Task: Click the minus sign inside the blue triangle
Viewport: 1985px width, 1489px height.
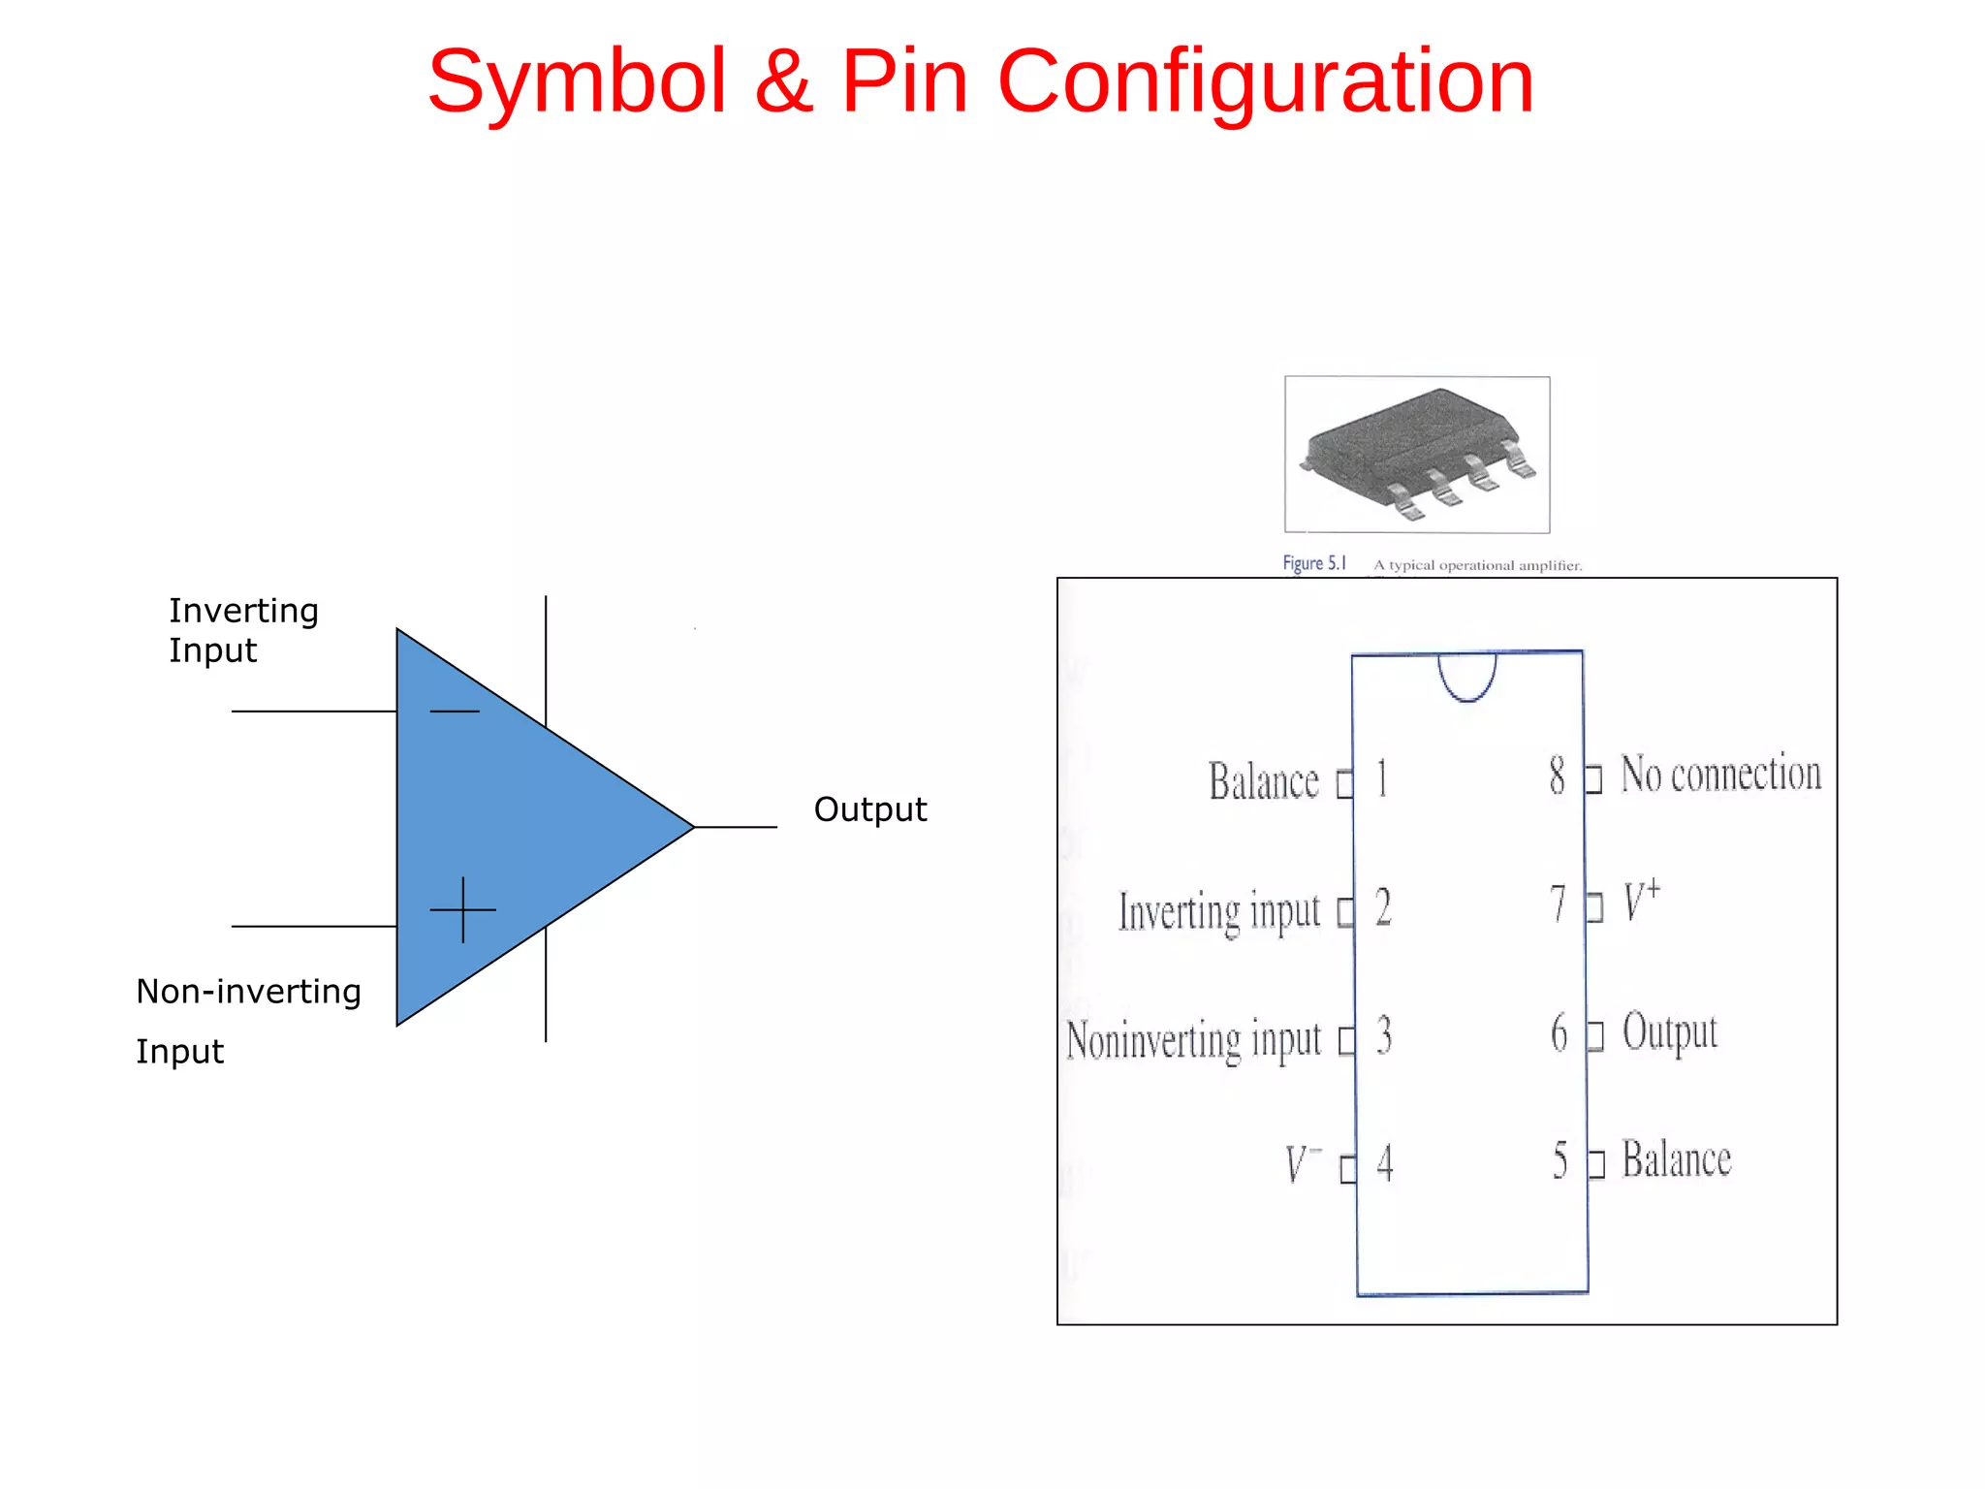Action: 454,711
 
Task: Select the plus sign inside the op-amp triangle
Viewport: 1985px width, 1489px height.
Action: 463,909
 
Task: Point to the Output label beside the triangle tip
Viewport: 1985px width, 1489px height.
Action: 869,809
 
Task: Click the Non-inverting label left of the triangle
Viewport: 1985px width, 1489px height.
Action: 248,992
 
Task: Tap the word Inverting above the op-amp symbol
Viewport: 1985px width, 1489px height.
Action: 243,611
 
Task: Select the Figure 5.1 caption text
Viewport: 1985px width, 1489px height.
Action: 1313,563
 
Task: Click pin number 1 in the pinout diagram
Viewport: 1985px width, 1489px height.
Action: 1382,778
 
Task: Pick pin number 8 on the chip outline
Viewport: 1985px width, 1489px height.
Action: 1557,776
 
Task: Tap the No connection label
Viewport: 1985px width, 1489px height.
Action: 1720,774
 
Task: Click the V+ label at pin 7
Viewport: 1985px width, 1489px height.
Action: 1641,901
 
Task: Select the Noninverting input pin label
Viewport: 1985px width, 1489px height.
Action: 1193,1039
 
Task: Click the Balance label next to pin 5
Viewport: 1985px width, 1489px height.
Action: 1676,1159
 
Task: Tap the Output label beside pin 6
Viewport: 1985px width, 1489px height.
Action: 1669,1032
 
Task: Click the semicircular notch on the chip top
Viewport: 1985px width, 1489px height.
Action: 1466,675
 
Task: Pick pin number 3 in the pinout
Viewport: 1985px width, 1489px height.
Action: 1384,1035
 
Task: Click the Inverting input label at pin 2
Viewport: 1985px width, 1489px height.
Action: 1219,911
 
